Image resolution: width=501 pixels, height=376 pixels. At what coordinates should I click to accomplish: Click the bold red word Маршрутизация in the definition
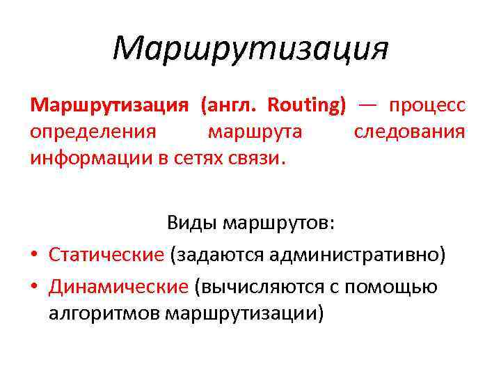(x=109, y=105)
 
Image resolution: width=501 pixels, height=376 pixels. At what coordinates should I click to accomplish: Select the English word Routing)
(x=307, y=105)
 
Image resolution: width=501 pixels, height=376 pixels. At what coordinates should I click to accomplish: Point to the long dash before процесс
(x=368, y=104)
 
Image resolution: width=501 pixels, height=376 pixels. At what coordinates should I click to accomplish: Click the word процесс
(x=427, y=105)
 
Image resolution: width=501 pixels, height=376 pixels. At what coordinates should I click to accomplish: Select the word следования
(x=409, y=132)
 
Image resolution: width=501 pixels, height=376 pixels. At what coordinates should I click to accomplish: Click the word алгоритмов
(x=105, y=313)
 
